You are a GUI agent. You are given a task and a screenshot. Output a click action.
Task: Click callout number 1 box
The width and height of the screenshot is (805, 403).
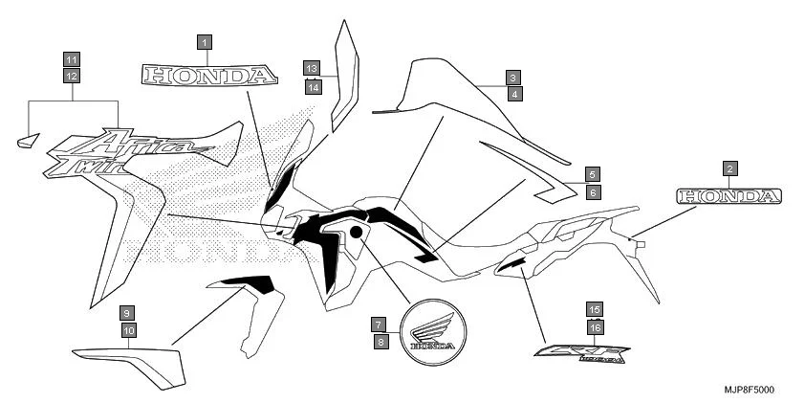(205, 42)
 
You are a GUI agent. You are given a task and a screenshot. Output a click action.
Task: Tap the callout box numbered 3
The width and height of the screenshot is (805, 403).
(513, 78)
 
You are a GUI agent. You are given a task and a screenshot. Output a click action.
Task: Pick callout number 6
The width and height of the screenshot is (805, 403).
(593, 192)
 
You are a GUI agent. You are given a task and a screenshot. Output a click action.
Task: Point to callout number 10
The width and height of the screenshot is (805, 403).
(129, 330)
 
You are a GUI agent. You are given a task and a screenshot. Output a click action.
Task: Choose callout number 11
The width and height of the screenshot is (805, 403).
(72, 57)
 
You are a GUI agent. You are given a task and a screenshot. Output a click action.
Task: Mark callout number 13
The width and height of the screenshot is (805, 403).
(312, 68)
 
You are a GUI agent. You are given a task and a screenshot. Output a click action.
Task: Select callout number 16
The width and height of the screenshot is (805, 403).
(595, 326)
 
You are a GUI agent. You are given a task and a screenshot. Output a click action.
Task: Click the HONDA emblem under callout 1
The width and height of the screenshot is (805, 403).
(208, 75)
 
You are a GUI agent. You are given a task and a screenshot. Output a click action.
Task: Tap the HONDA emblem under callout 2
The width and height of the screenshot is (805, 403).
(729, 196)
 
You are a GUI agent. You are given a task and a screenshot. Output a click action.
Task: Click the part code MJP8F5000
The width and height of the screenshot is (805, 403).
(749, 390)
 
